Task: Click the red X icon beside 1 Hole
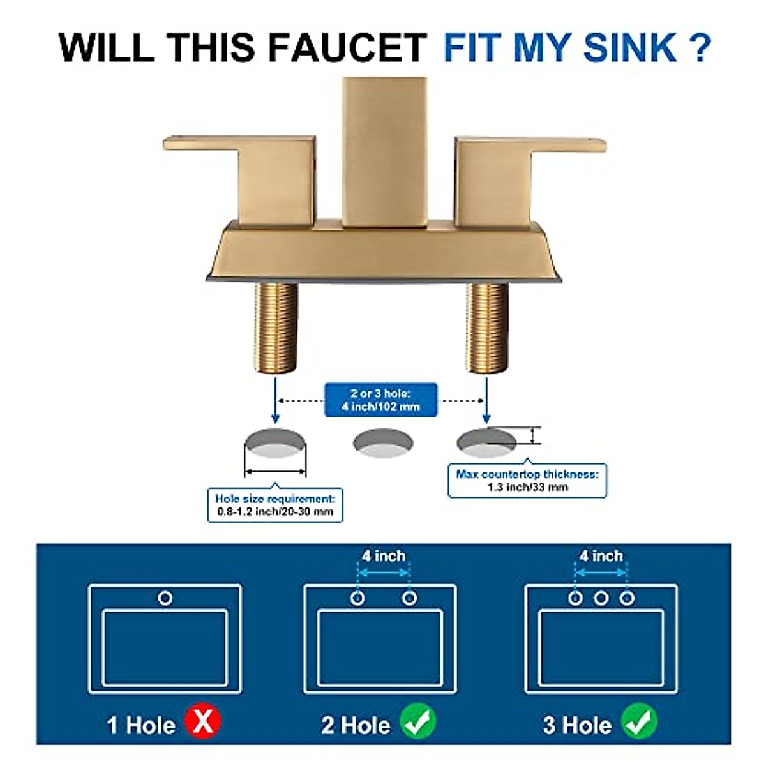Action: click(203, 723)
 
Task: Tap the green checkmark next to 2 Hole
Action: click(418, 723)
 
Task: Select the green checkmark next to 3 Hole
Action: click(639, 723)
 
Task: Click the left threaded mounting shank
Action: click(276, 327)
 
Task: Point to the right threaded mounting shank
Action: click(488, 327)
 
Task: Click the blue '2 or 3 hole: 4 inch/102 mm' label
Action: click(380, 400)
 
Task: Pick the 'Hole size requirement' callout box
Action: click(274, 505)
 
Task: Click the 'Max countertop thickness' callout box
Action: click(527, 481)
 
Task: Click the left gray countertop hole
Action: click(275, 444)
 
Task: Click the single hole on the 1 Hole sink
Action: click(165, 598)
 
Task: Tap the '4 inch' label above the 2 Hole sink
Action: click(383, 556)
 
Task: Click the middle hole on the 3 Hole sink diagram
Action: click(601, 598)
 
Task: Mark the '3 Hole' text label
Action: click(577, 725)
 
